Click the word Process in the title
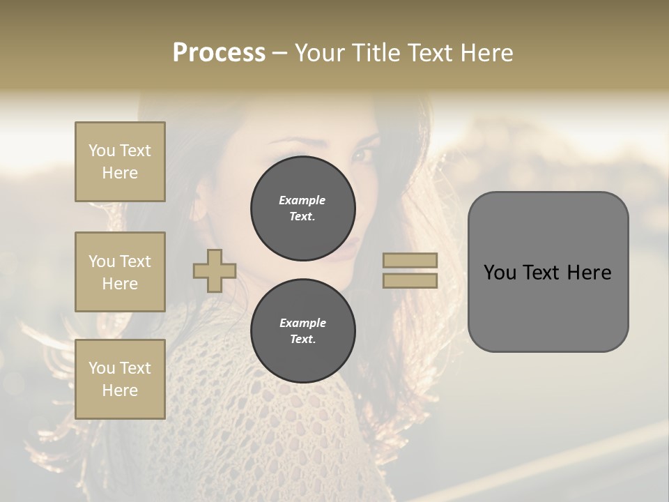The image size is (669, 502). pos(219,53)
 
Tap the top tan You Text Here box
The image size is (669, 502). pos(120,162)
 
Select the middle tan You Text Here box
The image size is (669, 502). pos(120,272)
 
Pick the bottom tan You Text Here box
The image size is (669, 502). pos(120,379)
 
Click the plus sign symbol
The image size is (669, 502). pos(215,271)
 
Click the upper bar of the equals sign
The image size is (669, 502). pos(410,261)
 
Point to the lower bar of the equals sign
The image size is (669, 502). pos(410,280)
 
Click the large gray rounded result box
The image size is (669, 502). pos(548,307)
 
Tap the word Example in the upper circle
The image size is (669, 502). pos(302,200)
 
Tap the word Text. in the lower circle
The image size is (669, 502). pos(302,340)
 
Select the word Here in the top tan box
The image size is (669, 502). pos(120,173)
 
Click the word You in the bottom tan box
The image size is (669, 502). pos(102,368)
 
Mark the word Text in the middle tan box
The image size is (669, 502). pos(134,261)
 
